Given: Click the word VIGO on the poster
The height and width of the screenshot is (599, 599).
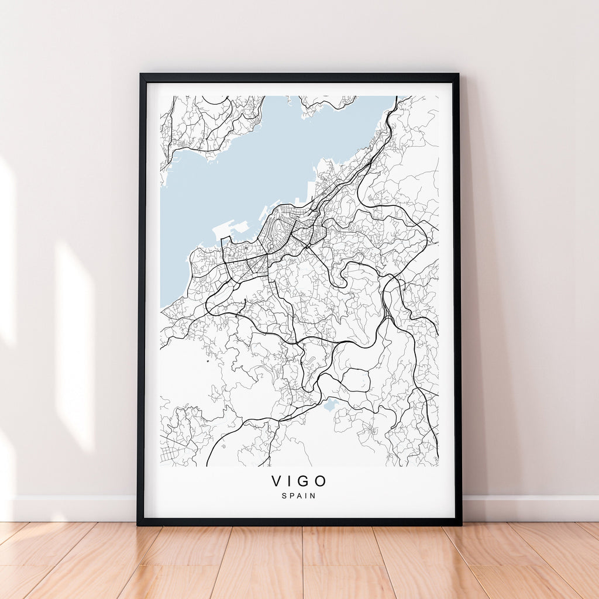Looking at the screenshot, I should click(299, 481).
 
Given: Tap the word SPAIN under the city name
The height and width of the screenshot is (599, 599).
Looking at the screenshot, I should click(299, 496).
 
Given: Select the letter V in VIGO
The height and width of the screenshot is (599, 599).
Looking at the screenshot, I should click(277, 481).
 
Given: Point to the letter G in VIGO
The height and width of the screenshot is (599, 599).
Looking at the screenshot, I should click(302, 481).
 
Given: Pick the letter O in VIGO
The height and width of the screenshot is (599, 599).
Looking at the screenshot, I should click(320, 481).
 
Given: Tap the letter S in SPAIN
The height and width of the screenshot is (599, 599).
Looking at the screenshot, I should click(284, 496).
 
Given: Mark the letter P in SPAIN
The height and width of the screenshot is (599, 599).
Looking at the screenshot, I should click(291, 496).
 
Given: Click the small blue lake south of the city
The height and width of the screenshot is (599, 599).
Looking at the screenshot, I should click(330, 405).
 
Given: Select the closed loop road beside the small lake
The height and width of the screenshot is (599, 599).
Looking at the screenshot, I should click(356, 380).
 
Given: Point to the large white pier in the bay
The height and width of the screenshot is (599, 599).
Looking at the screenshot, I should click(230, 229).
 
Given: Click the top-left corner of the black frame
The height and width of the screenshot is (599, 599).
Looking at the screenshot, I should click(141, 75).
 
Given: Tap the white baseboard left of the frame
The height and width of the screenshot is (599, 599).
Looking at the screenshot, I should click(70, 508).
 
